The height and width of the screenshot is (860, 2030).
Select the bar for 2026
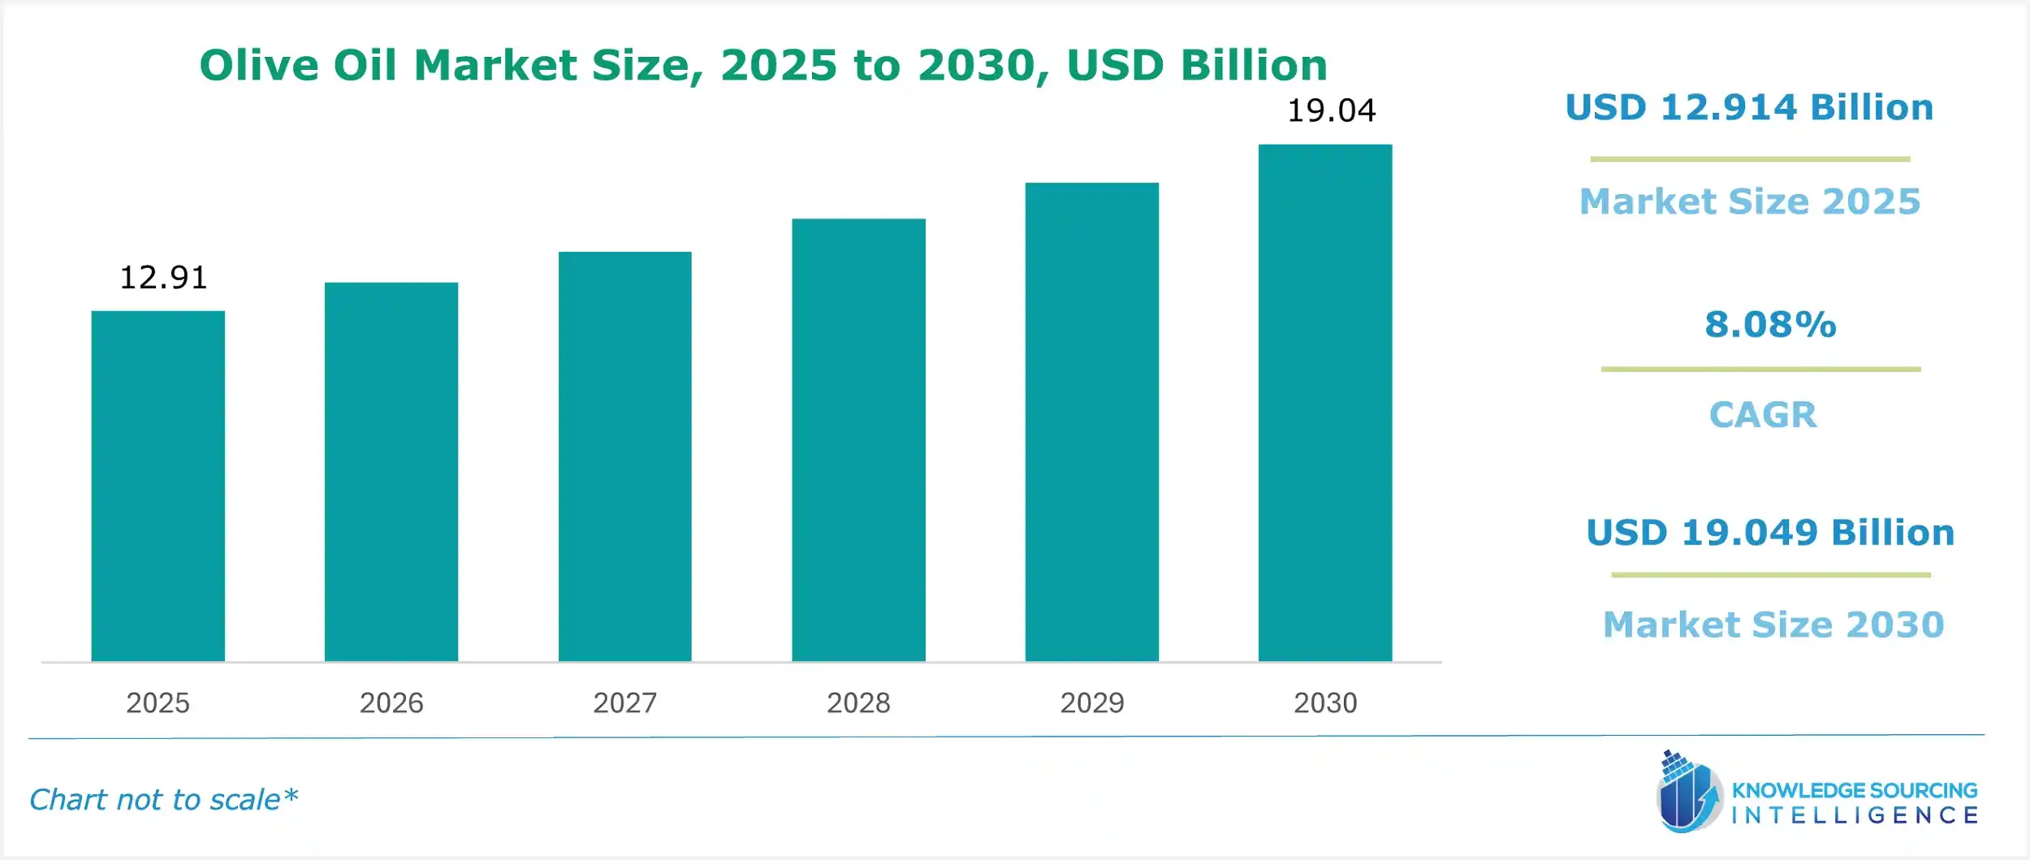(391, 472)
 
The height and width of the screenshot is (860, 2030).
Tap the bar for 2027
(624, 456)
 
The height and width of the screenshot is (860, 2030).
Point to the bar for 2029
(1091, 421)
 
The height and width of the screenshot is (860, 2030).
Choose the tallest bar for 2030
(1325, 403)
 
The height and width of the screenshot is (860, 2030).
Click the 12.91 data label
(163, 278)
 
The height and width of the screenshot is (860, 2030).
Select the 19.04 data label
(1332, 110)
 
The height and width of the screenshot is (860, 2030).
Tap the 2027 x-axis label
(624, 702)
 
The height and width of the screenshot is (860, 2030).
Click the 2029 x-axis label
(1091, 702)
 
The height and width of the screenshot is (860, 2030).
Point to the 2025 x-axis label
(158, 702)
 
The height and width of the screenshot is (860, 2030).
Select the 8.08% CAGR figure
(1770, 325)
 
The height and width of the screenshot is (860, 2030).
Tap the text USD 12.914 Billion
(1749, 108)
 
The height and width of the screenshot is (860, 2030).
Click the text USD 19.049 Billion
(1770, 533)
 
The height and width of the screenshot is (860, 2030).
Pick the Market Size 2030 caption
(1773, 624)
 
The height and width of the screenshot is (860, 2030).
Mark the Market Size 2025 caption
(1750, 201)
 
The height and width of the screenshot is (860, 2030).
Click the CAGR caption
(1763, 415)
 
